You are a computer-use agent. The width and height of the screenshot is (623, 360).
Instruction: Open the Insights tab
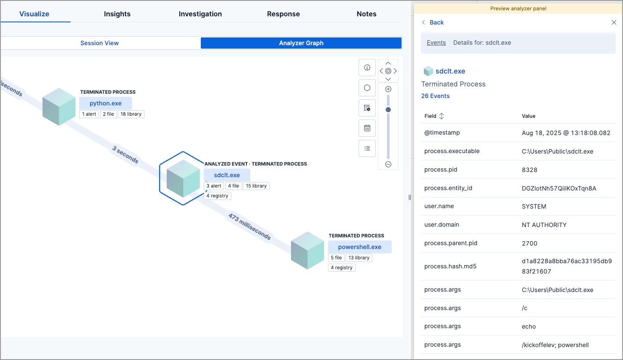(x=117, y=14)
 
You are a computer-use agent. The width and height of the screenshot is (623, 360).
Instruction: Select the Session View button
(x=99, y=43)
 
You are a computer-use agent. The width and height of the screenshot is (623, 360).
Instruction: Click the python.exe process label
(x=105, y=103)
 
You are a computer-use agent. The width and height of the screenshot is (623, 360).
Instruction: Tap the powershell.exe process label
(x=359, y=247)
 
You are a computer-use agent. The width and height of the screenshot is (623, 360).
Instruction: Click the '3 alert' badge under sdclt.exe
(x=214, y=186)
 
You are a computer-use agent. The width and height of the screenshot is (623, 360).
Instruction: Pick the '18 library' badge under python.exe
(x=131, y=114)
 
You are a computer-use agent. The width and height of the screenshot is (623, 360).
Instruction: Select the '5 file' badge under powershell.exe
(x=336, y=258)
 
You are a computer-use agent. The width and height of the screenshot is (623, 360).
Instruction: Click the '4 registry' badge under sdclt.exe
(x=218, y=196)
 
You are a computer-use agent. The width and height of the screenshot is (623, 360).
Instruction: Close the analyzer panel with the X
(x=614, y=22)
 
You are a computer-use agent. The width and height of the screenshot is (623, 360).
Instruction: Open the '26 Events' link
(x=435, y=96)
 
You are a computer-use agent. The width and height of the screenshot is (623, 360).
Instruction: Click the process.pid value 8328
(x=529, y=169)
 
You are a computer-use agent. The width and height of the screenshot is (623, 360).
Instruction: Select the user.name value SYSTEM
(x=534, y=206)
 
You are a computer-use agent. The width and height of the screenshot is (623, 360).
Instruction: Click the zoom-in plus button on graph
(x=388, y=89)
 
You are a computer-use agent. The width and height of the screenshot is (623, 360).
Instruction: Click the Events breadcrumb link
(x=436, y=43)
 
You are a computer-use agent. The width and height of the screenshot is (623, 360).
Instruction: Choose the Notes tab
(x=366, y=14)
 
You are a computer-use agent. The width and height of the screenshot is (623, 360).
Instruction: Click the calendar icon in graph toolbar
(x=367, y=128)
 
